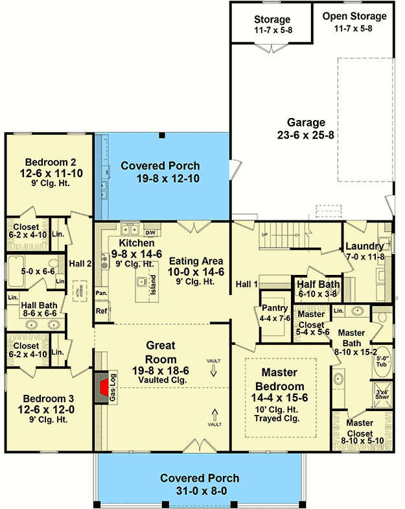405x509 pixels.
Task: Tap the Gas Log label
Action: (x=113, y=388)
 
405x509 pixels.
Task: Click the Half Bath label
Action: (x=318, y=283)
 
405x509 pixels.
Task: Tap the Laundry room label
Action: (x=365, y=246)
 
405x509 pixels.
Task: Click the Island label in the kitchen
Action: (x=153, y=285)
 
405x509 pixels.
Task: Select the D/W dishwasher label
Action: (x=150, y=232)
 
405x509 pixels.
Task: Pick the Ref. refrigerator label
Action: (x=102, y=311)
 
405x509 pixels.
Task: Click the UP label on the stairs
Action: (x=264, y=234)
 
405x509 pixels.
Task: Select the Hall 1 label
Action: (x=247, y=283)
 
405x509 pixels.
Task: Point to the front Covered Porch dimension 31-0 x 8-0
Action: (x=200, y=491)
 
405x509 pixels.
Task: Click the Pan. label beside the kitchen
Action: (x=100, y=293)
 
